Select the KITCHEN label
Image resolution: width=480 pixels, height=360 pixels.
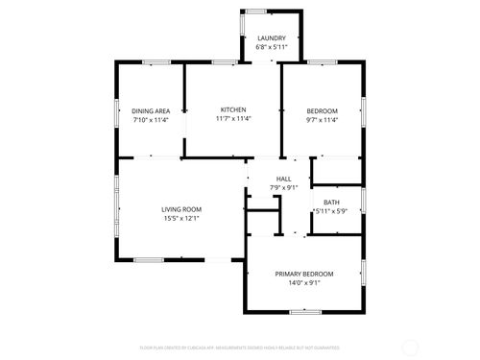(x=233, y=110)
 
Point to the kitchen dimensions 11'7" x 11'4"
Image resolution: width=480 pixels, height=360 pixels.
(x=233, y=120)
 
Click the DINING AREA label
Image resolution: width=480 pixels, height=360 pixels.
(x=151, y=110)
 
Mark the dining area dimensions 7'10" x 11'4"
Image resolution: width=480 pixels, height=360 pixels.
(x=151, y=120)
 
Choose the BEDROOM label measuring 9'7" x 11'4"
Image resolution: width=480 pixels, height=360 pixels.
(x=322, y=110)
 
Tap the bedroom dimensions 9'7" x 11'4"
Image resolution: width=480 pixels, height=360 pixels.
(x=322, y=120)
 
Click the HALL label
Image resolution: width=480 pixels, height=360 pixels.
(x=284, y=179)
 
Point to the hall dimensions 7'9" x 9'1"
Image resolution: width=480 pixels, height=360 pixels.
(x=284, y=187)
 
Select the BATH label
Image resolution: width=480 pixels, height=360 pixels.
(x=331, y=202)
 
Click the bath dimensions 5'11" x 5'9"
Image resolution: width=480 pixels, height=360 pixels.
(x=329, y=211)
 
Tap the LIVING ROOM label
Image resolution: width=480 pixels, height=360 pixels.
(x=180, y=208)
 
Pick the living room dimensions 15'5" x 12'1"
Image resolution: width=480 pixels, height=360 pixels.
(x=180, y=218)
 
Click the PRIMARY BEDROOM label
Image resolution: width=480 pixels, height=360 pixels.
(x=304, y=274)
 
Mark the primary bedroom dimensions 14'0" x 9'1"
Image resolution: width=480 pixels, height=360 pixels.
(x=304, y=283)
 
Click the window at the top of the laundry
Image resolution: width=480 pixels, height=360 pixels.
(x=256, y=12)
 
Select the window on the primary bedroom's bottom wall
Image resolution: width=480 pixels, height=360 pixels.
(x=304, y=311)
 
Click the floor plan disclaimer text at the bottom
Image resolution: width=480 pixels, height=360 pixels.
(x=240, y=347)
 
